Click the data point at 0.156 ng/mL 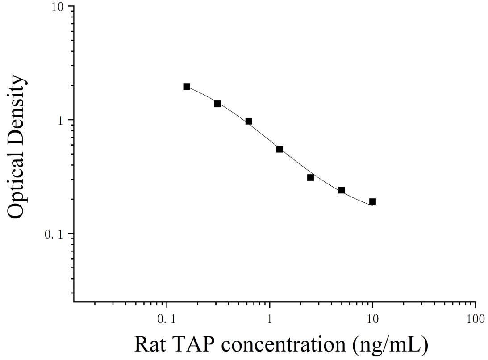pyautogui.click(x=187, y=87)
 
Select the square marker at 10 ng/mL pyautogui.click(x=372, y=202)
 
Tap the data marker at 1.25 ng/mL pyautogui.click(x=279, y=149)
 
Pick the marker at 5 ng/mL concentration pyautogui.click(x=342, y=190)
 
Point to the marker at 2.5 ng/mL pyautogui.click(x=310, y=177)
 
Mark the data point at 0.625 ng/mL pyautogui.click(x=248, y=121)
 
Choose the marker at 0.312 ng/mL pyautogui.click(x=217, y=104)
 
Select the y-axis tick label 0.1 pyautogui.click(x=54, y=234)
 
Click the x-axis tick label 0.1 pyautogui.click(x=167, y=319)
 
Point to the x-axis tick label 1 pyautogui.click(x=270, y=319)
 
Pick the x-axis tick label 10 pyautogui.click(x=372, y=319)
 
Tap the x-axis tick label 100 pyautogui.click(x=475, y=319)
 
